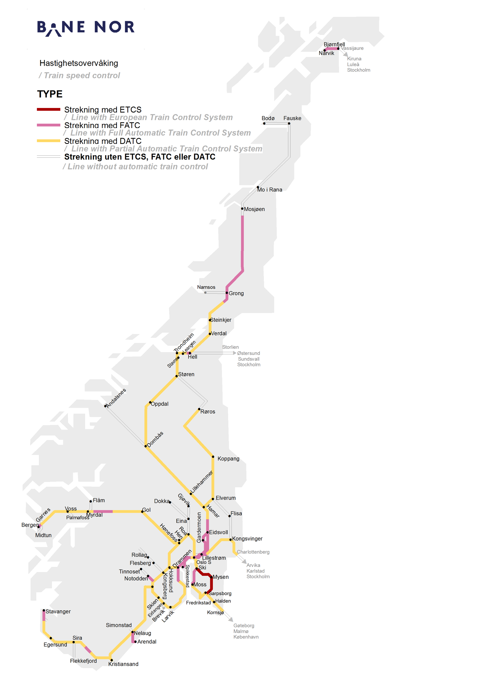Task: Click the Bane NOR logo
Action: pos(85,28)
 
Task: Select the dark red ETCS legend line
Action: pos(48,109)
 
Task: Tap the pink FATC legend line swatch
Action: pos(48,125)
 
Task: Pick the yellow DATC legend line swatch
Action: pos(48,141)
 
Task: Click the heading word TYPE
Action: pos(50,94)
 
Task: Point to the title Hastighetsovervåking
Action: pos(79,63)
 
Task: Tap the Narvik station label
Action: pos(326,53)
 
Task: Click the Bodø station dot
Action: pos(264,123)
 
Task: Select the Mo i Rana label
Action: pos(270,190)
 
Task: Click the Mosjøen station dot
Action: pos(242,209)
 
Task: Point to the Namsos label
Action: pos(206,287)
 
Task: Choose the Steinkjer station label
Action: pos(221,320)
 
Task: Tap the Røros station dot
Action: pos(199,409)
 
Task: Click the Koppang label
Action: pos(228,459)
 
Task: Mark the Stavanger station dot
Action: pos(44,610)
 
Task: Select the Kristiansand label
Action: pos(123,664)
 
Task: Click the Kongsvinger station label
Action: pos(247,539)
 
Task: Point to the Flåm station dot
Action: pos(91,501)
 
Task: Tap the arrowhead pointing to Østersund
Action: pos(235,353)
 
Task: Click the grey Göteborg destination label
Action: pos(244,626)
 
